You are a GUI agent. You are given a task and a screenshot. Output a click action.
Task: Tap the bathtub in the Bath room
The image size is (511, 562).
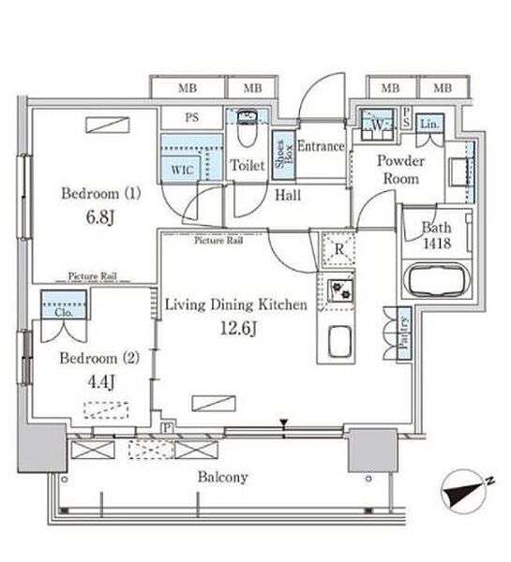coord(437,280)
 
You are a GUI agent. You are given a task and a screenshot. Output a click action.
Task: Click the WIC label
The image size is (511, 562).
coord(182,170)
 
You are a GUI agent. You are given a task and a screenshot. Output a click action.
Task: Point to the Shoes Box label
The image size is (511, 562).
coord(284,155)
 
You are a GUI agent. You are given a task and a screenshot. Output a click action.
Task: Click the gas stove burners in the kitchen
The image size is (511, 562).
coord(340,289)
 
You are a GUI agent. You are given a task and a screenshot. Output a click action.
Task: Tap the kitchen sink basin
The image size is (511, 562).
coord(339,341)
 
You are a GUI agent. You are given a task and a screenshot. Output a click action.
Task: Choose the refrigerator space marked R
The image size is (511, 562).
coord(339,249)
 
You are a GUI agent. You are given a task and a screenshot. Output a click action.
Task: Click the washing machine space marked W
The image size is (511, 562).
coord(377,125)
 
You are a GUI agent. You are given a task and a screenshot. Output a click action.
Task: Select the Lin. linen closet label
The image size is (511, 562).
coord(430,125)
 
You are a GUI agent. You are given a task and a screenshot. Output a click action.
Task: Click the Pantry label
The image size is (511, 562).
coord(404,333)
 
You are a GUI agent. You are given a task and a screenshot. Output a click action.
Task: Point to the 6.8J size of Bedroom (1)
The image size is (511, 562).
coord(100,217)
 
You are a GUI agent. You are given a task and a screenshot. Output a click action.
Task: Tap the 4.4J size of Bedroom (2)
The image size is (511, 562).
coord(101,382)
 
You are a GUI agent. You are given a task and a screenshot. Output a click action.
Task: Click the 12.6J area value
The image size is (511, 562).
coord(237,328)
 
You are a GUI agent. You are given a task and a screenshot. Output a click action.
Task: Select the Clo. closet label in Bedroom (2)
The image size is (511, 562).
coord(65,313)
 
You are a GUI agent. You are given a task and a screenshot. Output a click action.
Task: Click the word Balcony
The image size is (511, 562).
coord(223,477)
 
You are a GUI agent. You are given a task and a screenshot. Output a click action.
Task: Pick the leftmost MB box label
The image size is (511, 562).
coord(188,88)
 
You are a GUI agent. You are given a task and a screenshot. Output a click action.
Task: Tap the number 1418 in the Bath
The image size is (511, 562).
coord(437,244)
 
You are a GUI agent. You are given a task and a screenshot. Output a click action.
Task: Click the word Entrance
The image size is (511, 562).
coord(321,146)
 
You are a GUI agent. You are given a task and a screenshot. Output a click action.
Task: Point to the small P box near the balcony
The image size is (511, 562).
coord(166,428)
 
